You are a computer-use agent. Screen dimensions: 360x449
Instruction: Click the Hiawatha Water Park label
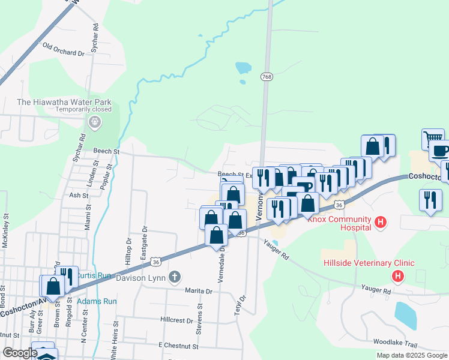tap(64, 101)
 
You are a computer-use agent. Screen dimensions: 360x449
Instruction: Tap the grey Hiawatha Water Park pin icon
tap(94, 122)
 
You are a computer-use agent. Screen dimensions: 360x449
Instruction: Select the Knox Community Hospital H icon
tap(380, 223)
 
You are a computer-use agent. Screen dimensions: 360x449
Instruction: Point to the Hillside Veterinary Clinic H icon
tap(397, 276)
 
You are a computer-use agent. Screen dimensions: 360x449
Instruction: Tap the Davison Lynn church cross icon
tap(175, 277)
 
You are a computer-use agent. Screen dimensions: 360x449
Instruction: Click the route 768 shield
tap(267, 77)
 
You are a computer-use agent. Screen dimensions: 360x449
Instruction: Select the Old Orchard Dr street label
tap(64, 53)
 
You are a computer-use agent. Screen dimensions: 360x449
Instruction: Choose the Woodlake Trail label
tap(394, 342)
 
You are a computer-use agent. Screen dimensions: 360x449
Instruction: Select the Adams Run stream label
tap(97, 301)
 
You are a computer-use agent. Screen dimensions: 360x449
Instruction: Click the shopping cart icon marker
tap(433, 137)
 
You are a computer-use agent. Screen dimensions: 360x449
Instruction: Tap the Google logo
tap(19, 353)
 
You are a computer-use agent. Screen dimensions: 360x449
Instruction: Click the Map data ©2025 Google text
tap(412, 355)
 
